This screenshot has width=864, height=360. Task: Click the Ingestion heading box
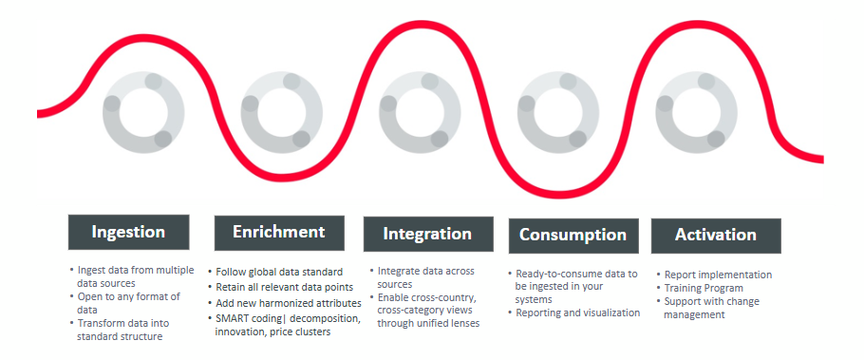(128, 232)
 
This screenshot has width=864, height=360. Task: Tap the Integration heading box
(427, 234)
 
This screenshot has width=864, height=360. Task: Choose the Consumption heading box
(573, 235)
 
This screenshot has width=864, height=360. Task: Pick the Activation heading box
(715, 235)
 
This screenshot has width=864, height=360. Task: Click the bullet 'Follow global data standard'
(279, 272)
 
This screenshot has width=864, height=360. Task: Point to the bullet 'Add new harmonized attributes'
(284, 302)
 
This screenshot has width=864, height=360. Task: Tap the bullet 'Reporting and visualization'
(577, 313)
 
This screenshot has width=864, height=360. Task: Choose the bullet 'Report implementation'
(718, 275)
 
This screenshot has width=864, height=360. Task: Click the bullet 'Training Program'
(704, 288)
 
